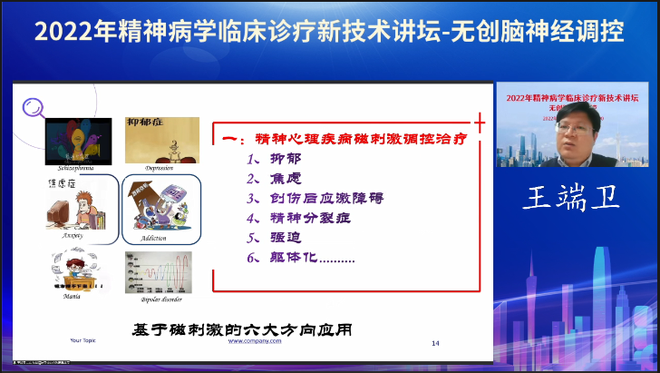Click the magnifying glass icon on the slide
click(33, 107)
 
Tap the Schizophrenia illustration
click(78, 142)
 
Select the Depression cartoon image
click(156, 140)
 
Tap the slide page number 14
click(436, 343)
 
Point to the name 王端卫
click(571, 199)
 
